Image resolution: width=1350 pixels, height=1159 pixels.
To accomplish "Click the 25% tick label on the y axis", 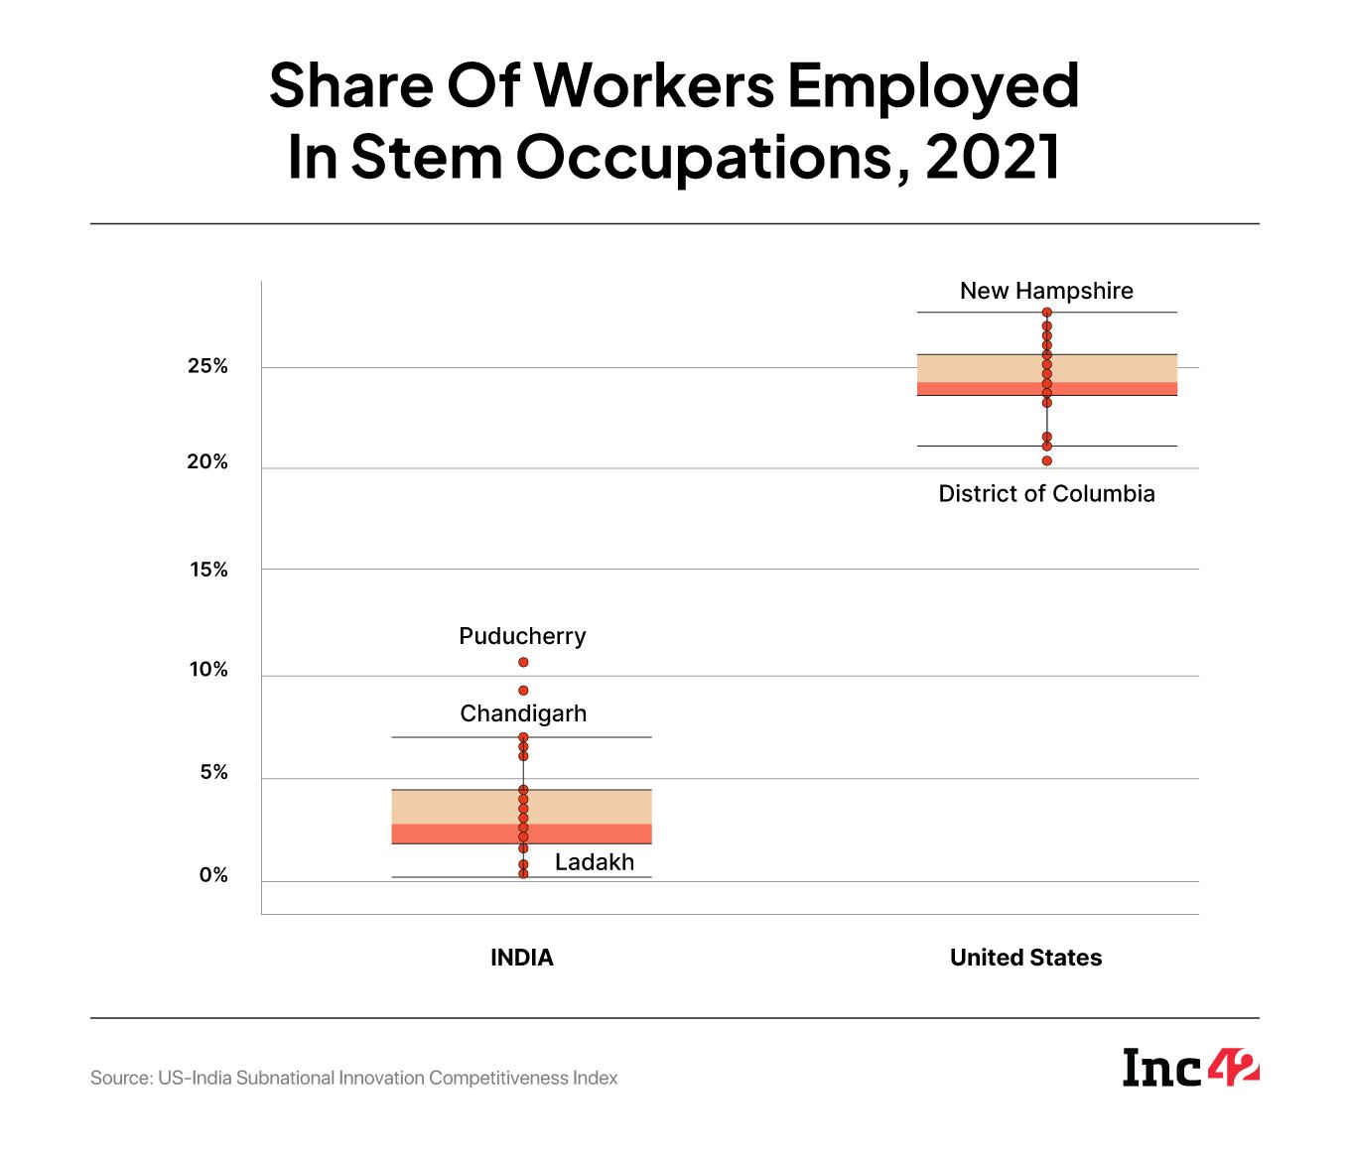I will (207, 366).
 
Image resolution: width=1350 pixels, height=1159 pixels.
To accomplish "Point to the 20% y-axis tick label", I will (207, 462).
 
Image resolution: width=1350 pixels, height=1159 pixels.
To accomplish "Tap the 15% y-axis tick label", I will (208, 570).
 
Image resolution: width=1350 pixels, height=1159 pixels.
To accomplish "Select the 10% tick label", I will (208, 670).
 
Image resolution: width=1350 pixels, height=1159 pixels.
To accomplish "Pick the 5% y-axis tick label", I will (213, 772).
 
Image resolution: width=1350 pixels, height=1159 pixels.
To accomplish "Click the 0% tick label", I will (213, 875).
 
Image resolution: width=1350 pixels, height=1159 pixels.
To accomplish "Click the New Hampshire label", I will (1046, 291).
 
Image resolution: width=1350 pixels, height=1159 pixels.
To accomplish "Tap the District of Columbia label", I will (1046, 493).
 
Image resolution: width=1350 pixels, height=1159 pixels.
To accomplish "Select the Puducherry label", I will (522, 636).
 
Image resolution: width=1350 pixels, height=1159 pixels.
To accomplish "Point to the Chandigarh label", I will (523, 713).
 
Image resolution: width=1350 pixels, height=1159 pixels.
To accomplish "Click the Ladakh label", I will (594, 862).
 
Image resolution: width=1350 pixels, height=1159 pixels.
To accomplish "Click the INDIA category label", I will (522, 958).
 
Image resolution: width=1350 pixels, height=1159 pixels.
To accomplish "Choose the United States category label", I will (1025, 958).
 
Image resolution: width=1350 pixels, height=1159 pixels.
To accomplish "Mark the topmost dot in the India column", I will (523, 662).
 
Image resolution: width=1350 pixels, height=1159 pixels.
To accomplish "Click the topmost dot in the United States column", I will (1047, 313).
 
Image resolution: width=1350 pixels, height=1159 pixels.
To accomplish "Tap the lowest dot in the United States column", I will (1047, 460).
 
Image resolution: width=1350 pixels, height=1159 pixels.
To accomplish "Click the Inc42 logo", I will (1190, 1068).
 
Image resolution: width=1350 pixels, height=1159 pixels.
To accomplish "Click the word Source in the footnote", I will (119, 1078).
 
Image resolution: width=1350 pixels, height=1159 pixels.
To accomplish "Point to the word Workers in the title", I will (655, 84).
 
